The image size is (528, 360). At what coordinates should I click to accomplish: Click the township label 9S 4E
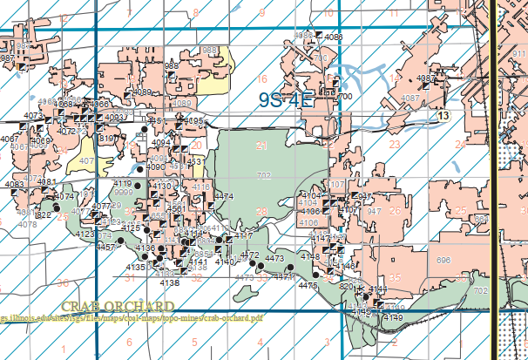click(285, 99)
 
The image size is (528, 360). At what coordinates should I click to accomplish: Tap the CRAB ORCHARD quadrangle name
click(118, 307)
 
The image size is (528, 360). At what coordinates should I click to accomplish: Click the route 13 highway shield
click(443, 115)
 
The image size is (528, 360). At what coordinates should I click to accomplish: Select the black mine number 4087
click(426, 78)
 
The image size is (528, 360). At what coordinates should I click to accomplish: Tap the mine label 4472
click(249, 255)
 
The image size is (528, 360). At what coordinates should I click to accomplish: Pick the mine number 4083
click(15, 184)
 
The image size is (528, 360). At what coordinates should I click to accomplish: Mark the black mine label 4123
click(86, 234)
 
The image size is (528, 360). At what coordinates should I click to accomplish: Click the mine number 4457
click(105, 248)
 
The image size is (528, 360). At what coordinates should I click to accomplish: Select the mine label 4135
click(136, 268)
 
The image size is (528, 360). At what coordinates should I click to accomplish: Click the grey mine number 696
click(443, 261)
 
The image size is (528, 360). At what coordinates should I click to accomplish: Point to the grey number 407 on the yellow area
click(85, 161)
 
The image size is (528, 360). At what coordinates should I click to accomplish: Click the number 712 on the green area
click(264, 176)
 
